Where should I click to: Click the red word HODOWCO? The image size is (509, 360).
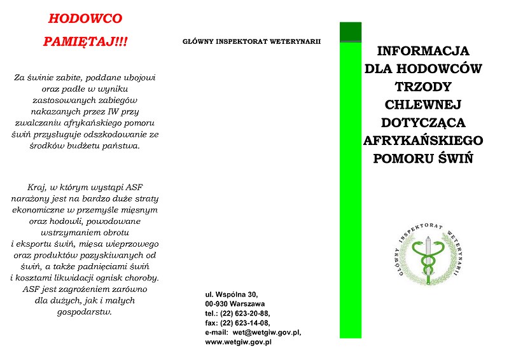coord(85,18)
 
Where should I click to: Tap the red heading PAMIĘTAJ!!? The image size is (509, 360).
coord(85,41)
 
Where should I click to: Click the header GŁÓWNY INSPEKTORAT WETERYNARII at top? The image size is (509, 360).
coord(251,42)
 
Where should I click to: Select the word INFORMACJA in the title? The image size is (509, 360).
coord(423,50)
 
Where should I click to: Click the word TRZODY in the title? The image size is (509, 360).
coord(423,86)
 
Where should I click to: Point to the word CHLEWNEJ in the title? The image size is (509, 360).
coord(423,104)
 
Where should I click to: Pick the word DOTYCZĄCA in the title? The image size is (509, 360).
coord(423,121)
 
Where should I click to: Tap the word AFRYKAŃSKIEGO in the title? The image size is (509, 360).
coord(423,139)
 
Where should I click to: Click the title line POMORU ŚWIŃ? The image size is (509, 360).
coord(423,158)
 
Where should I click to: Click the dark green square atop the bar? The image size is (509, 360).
coord(351,32)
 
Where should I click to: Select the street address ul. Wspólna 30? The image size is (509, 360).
coord(232,294)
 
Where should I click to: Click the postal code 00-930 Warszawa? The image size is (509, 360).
coord(235,304)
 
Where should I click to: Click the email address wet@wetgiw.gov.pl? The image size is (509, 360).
coord(267,333)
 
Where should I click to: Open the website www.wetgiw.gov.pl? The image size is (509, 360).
coord(239,342)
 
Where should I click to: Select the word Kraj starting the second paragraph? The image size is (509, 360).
coord(39,187)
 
